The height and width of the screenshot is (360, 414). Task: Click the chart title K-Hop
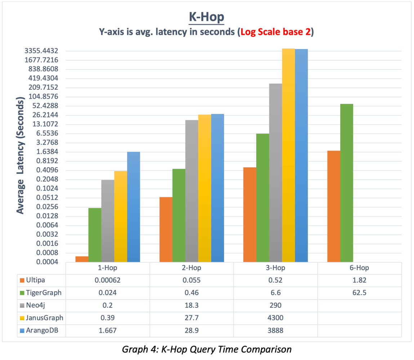click(207, 17)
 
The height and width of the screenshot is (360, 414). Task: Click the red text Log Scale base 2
click(276, 32)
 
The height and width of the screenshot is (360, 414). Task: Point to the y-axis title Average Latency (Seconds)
click(21, 156)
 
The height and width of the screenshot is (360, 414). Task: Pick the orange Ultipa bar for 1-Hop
click(82, 259)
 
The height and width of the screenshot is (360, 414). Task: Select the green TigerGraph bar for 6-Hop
click(347, 183)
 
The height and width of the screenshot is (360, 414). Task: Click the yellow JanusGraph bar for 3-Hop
click(288, 155)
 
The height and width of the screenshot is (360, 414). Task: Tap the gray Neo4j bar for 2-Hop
click(192, 191)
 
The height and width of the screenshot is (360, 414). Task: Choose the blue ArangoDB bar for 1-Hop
click(134, 207)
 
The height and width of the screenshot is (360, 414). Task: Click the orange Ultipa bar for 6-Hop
click(334, 206)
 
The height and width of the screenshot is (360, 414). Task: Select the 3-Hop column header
click(275, 268)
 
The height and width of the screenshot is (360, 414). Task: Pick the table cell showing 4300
click(275, 317)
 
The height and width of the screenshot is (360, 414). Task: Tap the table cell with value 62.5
click(359, 292)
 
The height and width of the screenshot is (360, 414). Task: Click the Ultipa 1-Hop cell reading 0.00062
click(108, 280)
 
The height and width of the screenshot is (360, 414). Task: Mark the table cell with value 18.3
click(191, 305)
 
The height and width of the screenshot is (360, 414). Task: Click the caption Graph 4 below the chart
click(206, 349)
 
